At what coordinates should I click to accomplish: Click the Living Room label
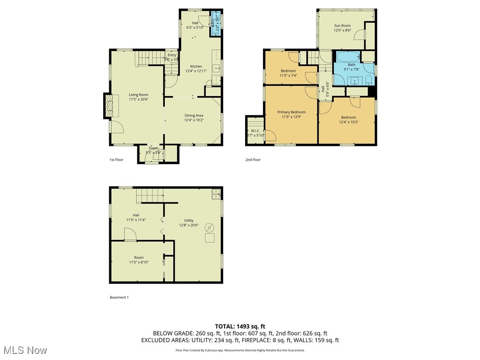point(139,95)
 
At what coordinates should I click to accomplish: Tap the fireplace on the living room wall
point(108,105)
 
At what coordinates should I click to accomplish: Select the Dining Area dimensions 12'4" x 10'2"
point(194,120)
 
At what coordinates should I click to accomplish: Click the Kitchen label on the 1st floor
point(196,67)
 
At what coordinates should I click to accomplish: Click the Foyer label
point(154,148)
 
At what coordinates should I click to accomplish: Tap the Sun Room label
point(342,25)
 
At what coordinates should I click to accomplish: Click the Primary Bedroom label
point(291,112)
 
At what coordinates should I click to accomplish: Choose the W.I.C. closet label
point(255,131)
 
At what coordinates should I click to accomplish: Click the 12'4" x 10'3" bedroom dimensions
point(348,122)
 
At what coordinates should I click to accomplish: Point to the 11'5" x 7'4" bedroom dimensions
point(288,75)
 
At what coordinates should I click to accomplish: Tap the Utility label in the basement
point(188,220)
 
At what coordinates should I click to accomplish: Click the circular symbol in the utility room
point(210,228)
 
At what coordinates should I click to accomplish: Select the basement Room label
point(139,257)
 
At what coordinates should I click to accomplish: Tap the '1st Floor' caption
point(116,160)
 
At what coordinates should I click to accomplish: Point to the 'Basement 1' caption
point(119,297)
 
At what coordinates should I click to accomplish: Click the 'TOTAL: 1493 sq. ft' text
point(240,326)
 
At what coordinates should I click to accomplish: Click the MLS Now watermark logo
point(25,350)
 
